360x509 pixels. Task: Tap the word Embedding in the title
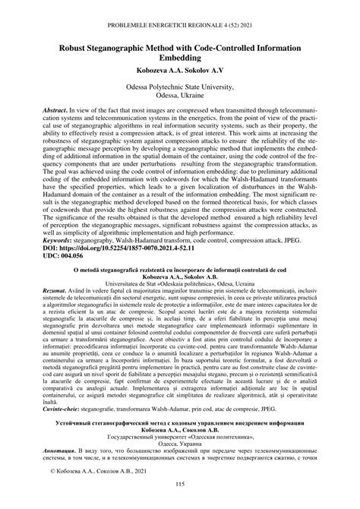coord(179,58)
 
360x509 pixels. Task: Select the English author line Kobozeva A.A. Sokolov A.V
coord(179,72)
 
